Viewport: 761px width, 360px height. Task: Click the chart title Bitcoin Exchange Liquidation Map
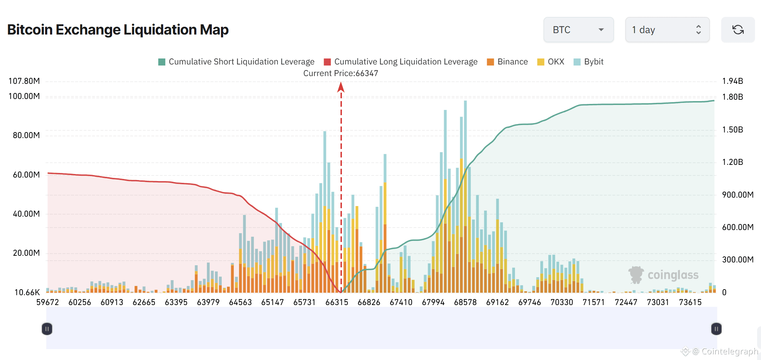pos(118,30)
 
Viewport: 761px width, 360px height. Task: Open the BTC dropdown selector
pos(578,30)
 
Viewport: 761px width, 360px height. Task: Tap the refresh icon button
pos(738,30)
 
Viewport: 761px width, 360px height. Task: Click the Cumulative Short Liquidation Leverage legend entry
pos(237,62)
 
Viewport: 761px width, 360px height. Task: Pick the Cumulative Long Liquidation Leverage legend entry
pos(401,62)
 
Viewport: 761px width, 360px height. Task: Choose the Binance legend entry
pos(507,62)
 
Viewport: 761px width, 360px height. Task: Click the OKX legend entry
pos(551,62)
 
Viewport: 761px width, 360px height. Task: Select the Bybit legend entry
pos(589,62)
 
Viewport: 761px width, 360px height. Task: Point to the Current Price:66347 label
pos(340,73)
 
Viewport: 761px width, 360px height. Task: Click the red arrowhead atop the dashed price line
pos(341,87)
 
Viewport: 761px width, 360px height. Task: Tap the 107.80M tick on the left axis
pos(24,81)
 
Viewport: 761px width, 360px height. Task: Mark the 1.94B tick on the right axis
pos(732,81)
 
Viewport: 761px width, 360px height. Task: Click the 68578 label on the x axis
pos(465,302)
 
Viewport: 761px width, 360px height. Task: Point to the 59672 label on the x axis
pos(48,302)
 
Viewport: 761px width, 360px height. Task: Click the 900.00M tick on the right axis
pos(737,195)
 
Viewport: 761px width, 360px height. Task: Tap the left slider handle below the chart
pos(47,329)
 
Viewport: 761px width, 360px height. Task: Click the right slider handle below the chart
pos(716,329)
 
